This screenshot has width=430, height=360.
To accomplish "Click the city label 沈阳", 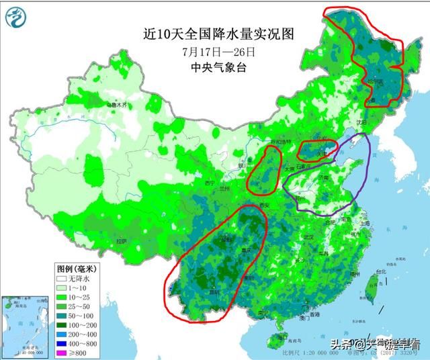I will click(x=363, y=123).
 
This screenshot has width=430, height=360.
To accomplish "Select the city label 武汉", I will click(x=308, y=237).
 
